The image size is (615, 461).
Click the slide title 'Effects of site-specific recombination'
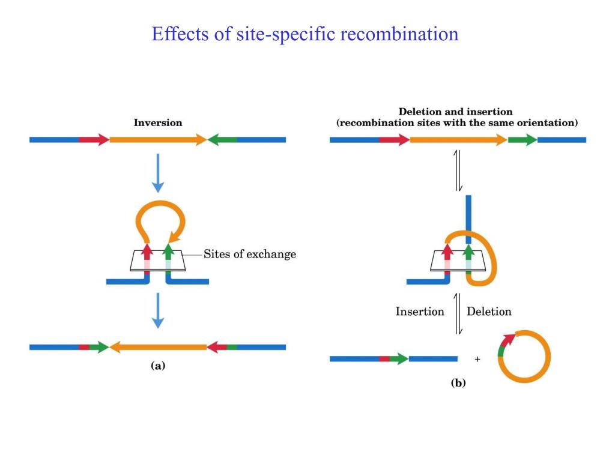pos(305,34)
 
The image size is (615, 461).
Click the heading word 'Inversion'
pos(157,122)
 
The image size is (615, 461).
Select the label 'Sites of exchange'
pos(250,254)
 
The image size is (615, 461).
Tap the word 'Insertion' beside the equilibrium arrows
pos(420,312)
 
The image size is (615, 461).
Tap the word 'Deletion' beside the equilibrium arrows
pos(489,312)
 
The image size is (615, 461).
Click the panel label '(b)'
pos(458,383)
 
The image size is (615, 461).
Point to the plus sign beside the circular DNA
pos(477,360)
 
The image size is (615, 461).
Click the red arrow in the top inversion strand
pos(94,140)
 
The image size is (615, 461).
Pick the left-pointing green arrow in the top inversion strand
pos(222,140)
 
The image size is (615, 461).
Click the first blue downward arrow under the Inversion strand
pos(157,172)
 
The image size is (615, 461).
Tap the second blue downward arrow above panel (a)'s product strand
pos(157,310)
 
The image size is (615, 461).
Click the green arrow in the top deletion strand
pos(522,140)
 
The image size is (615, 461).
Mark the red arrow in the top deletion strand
pos(395,140)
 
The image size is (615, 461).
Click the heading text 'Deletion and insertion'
pos(455,112)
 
